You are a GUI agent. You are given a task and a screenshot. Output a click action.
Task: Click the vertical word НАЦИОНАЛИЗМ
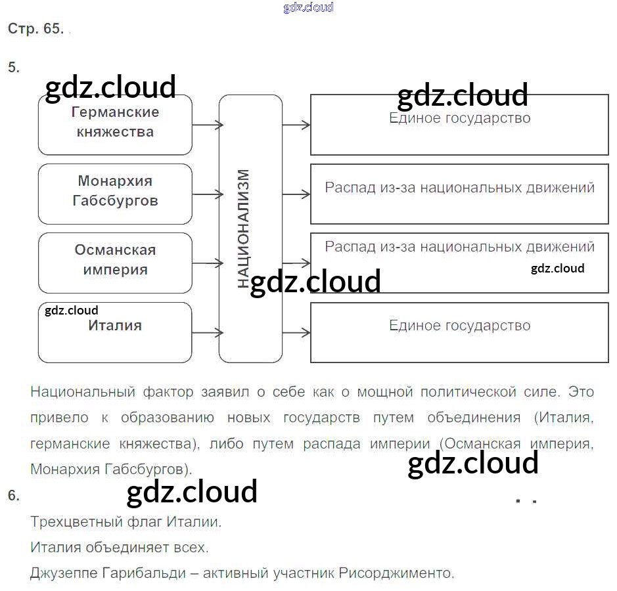(x=244, y=228)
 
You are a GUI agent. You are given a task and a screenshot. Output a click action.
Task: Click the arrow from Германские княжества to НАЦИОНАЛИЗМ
(x=206, y=124)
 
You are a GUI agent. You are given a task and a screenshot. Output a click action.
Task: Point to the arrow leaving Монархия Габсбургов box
(x=206, y=194)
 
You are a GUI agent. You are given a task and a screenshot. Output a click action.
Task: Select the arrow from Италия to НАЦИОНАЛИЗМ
(x=206, y=332)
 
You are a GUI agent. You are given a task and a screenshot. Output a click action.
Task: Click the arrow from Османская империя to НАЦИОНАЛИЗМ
(x=206, y=263)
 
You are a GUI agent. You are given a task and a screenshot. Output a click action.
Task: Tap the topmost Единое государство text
(x=459, y=119)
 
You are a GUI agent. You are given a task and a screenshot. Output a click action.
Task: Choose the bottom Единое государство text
(x=459, y=326)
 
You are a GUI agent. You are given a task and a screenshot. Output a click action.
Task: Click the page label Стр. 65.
(x=35, y=29)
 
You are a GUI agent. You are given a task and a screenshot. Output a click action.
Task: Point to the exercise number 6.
(x=14, y=496)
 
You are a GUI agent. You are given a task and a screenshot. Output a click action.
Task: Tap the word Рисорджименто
(x=396, y=573)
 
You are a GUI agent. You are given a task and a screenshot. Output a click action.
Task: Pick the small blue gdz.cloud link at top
(x=308, y=7)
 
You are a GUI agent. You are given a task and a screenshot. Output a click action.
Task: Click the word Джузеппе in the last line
(x=64, y=573)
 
